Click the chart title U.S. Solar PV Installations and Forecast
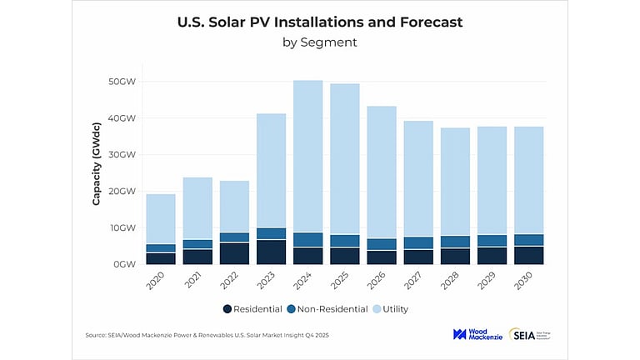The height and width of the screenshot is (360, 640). pyautogui.click(x=320, y=22)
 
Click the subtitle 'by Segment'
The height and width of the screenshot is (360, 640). pyautogui.click(x=320, y=42)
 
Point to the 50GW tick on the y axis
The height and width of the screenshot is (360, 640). pyautogui.click(x=122, y=82)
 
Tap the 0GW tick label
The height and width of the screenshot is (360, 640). pyautogui.click(x=124, y=264)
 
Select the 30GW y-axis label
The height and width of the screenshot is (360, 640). pyautogui.click(x=122, y=155)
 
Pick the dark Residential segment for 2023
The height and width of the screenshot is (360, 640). pyautogui.click(x=271, y=252)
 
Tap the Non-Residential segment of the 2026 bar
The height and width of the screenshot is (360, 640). pyautogui.click(x=382, y=244)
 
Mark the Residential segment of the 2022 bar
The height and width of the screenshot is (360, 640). pyautogui.click(x=234, y=253)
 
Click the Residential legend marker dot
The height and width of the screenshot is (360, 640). pyautogui.click(x=227, y=309)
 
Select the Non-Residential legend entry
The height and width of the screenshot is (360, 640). pyautogui.click(x=326, y=309)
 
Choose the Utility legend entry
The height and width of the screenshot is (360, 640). pyautogui.click(x=392, y=309)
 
